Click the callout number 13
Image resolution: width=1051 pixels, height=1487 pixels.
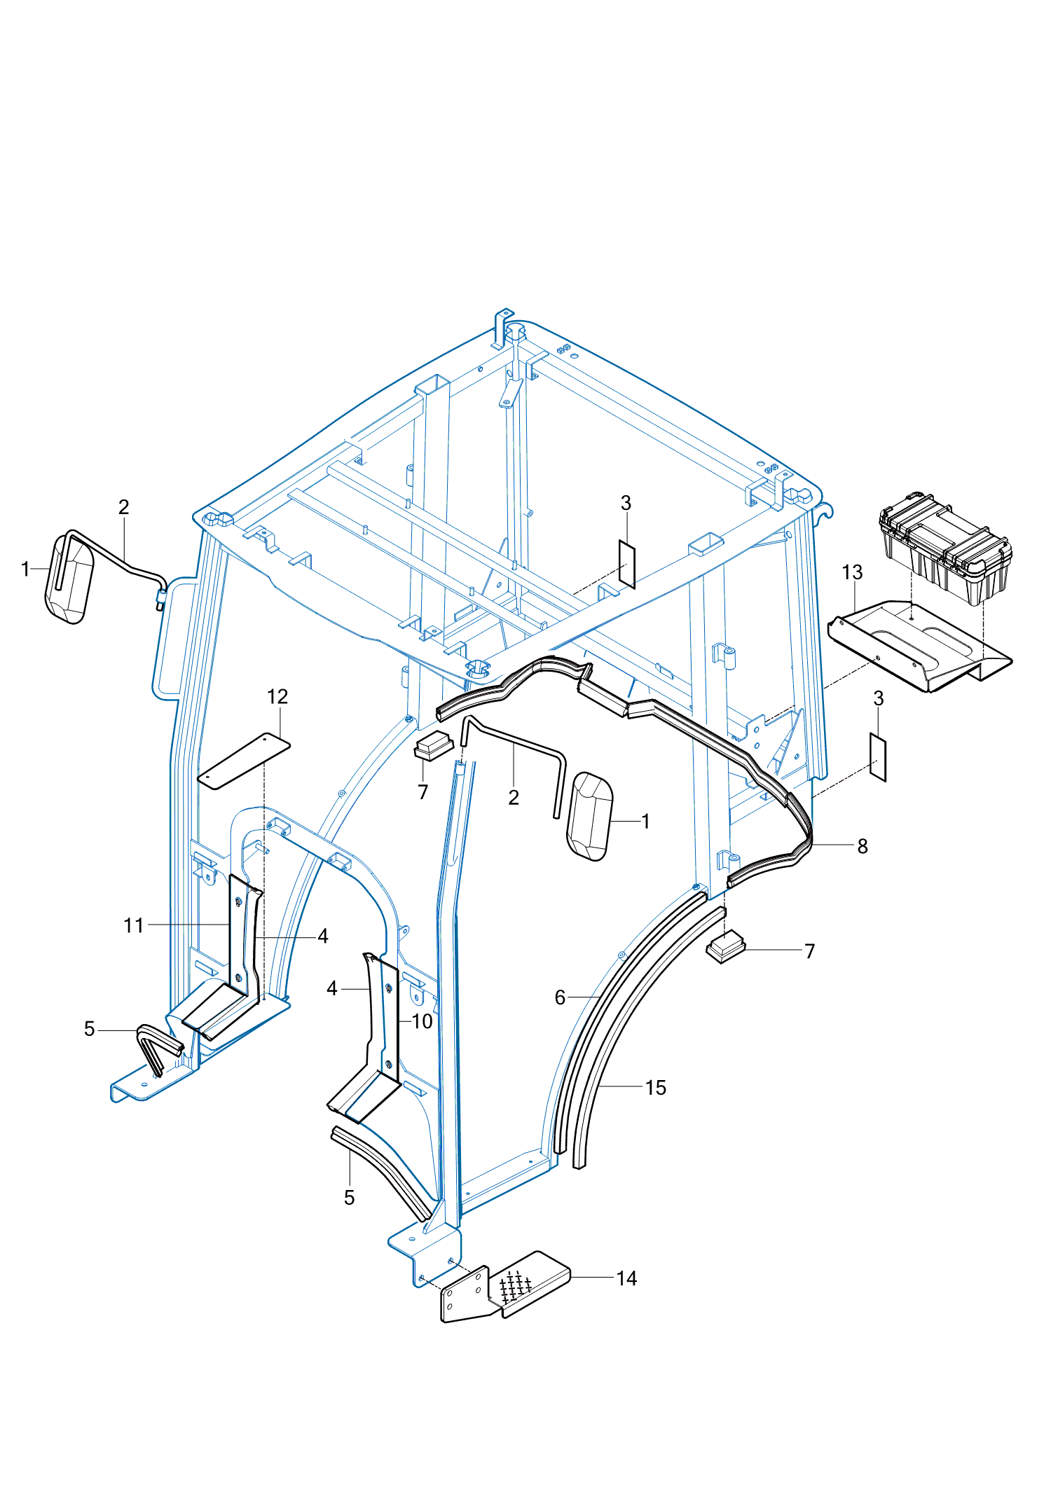[x=852, y=572]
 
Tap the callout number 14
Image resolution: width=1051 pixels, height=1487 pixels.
[x=626, y=1278]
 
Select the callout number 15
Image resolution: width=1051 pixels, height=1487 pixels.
[x=655, y=1088]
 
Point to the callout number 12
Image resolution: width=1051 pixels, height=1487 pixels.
[x=277, y=697]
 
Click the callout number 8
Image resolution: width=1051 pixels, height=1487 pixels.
[x=863, y=846]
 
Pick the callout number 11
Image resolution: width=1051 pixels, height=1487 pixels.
[x=133, y=925]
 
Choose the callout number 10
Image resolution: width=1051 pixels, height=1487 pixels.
[x=422, y=1021]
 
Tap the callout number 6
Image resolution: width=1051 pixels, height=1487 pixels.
[x=560, y=997]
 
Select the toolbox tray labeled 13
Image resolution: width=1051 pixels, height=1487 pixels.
[x=918, y=648]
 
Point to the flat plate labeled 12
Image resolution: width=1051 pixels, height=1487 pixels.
[x=244, y=761]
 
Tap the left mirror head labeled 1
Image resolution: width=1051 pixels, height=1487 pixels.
[x=69, y=579]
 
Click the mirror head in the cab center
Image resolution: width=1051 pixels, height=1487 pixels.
[x=590, y=816]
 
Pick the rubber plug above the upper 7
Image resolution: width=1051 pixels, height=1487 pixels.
[x=434, y=746]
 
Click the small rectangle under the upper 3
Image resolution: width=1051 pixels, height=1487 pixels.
[x=627, y=564]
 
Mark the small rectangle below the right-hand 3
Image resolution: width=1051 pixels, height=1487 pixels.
[x=878, y=757]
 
